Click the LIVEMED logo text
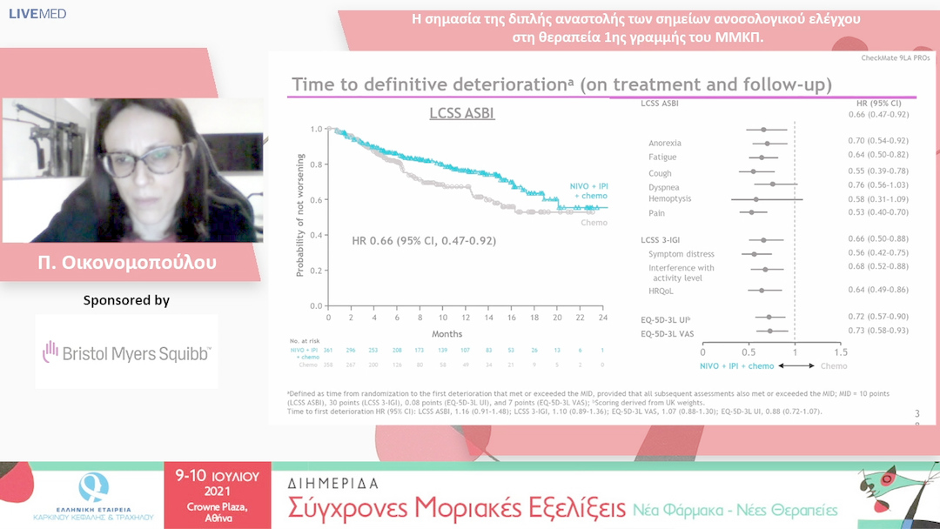click(x=37, y=14)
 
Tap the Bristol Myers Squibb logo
click(x=126, y=352)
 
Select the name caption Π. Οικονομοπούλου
click(x=131, y=262)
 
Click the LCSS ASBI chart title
click(x=462, y=113)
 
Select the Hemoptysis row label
click(x=669, y=199)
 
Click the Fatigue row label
click(x=662, y=157)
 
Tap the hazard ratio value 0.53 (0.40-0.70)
click(x=877, y=212)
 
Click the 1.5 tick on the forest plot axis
click(x=839, y=352)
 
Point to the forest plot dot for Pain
click(x=752, y=212)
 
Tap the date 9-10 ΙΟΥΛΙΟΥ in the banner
click(x=218, y=477)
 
